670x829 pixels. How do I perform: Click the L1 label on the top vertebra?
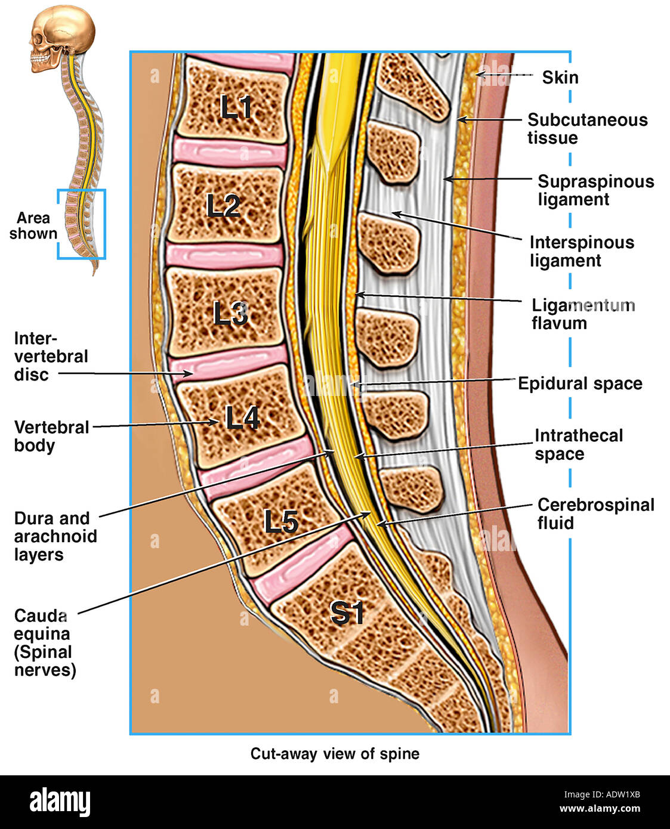236,107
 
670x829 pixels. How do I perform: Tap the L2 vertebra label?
223,206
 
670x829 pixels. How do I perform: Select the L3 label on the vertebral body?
231,313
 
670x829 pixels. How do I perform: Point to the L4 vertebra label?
242,418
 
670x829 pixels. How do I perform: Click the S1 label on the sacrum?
347,613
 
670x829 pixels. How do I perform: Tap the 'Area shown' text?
33,225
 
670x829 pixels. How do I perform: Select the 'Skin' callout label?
560,78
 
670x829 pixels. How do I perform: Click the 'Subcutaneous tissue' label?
586,129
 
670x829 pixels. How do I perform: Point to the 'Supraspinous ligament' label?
595,190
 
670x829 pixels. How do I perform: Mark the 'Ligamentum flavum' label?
582,314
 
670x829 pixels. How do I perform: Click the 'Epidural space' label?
580,383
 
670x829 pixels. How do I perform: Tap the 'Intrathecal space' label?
578,444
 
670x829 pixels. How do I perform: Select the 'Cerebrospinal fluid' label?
595,514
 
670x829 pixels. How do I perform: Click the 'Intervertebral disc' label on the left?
51,357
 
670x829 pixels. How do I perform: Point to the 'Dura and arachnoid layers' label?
55,536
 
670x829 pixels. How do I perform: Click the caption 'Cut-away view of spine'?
335,754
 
